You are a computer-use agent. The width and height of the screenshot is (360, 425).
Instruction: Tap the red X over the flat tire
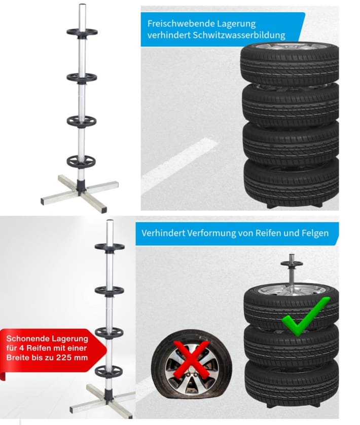point(192,360)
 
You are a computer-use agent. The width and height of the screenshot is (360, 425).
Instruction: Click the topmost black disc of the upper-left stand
point(82,32)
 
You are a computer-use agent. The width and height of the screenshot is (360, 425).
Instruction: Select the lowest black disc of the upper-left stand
point(82,162)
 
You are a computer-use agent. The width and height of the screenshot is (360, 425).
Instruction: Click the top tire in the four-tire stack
point(290,64)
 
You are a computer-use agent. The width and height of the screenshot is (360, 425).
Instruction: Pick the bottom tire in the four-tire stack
point(291,182)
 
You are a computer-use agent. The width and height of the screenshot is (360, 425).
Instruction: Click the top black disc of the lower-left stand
point(110,247)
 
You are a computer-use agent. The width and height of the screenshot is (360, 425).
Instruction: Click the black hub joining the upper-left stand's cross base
point(82,186)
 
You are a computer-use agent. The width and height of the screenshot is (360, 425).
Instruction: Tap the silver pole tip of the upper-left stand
point(83,6)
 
